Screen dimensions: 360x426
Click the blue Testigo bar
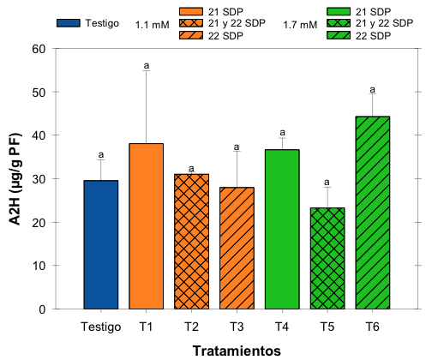pos(101,244)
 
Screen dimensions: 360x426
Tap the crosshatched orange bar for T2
pos(191,242)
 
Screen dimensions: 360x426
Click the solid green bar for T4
pos(282,229)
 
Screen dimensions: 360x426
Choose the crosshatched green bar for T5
pos(327,258)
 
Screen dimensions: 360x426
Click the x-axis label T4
pos(282,327)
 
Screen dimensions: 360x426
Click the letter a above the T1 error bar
pos(147,64)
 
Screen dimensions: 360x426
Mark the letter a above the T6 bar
pos(372,89)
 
